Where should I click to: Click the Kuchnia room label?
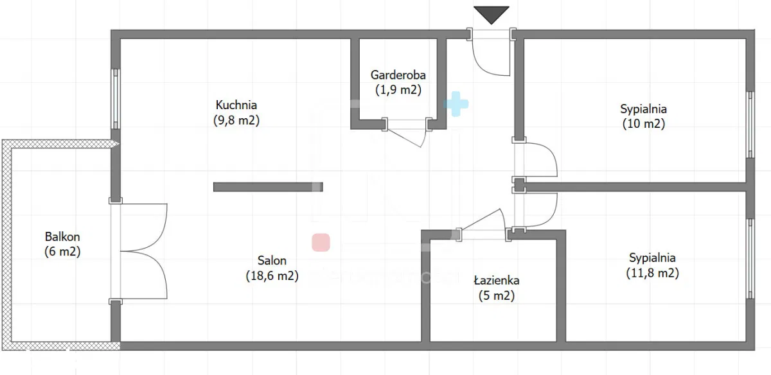[236, 105]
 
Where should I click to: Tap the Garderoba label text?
[398, 74]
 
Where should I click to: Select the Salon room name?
[272, 261]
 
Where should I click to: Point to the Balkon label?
[62, 237]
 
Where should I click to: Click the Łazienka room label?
[497, 281]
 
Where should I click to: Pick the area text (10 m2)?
[644, 124]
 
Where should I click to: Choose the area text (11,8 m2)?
[653, 273]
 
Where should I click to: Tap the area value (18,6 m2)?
[272, 275]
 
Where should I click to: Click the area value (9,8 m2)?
[236, 120]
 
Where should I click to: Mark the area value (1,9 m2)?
[398, 90]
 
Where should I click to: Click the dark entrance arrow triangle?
[491, 15]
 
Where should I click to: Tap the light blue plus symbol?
[456, 103]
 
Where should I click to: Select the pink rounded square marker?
[321, 242]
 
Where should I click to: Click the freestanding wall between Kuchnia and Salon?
[268, 187]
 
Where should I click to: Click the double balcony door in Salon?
[144, 251]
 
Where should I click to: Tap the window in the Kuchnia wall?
[116, 99]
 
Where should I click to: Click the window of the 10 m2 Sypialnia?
[750, 124]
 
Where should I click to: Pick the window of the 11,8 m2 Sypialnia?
[750, 258]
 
